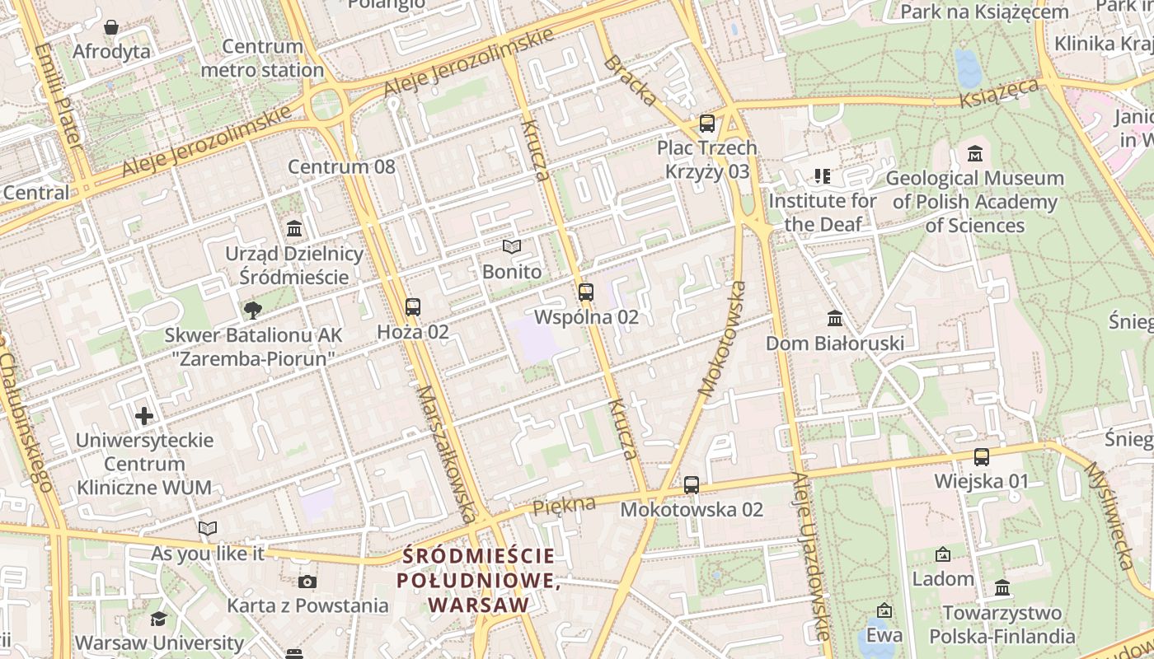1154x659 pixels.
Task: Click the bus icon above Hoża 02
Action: (413, 307)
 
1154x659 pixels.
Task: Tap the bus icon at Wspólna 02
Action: (586, 292)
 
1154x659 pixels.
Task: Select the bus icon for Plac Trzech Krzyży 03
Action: (707, 124)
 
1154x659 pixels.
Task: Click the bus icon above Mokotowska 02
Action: (692, 485)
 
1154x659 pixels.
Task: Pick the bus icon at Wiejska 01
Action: (982, 457)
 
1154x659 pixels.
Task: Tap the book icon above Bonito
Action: (512, 247)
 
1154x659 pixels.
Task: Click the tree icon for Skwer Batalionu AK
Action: (253, 311)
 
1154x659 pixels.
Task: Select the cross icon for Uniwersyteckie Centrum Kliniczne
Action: (144, 416)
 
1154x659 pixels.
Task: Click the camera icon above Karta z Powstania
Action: (307, 582)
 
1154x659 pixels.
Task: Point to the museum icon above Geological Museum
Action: (975, 154)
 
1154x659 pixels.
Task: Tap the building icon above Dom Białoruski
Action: (835, 319)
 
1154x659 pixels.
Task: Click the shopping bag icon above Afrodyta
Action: (111, 28)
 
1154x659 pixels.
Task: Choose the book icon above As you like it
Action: (208, 529)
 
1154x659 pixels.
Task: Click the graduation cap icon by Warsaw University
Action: (158, 619)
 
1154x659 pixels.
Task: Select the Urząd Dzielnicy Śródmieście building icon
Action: (294, 229)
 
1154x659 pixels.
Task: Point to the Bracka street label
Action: (631, 81)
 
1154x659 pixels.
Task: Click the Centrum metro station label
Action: (262, 58)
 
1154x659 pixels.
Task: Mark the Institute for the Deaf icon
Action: (822, 175)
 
